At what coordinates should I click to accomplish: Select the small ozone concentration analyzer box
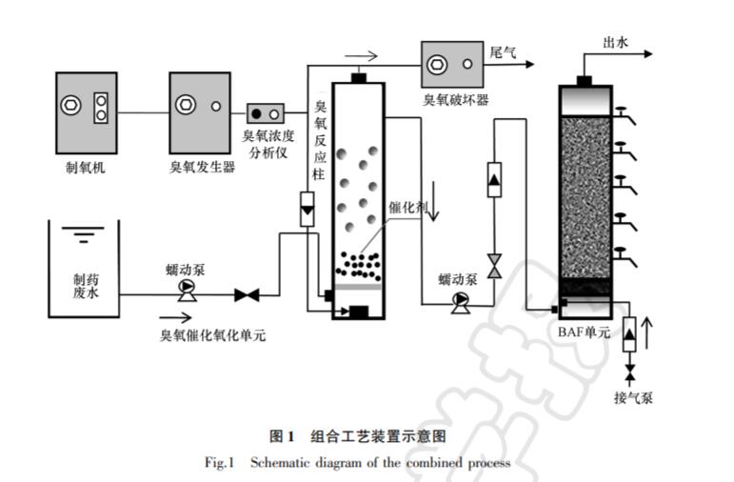point(267,114)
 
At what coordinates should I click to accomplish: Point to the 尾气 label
point(503,53)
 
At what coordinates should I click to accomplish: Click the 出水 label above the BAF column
point(617,42)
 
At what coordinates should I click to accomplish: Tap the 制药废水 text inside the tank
point(85,287)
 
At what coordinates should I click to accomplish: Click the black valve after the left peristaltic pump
point(248,295)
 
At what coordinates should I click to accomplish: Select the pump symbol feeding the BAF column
point(461,302)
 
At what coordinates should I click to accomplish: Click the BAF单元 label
point(585,333)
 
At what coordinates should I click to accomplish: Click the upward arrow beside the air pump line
point(650,334)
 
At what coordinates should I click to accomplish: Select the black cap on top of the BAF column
point(585,79)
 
